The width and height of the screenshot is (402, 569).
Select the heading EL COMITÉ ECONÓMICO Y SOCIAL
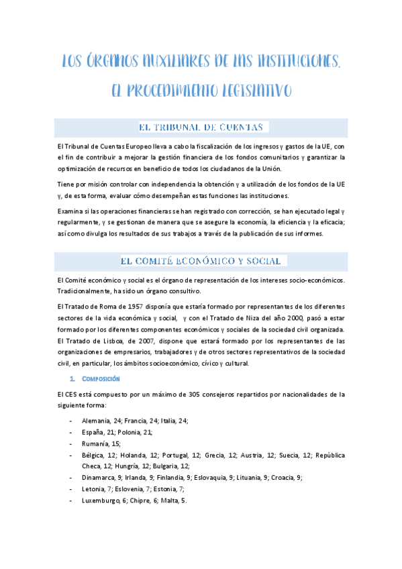click(201, 260)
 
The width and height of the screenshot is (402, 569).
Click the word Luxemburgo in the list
click(100, 501)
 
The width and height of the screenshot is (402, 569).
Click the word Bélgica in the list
click(95, 455)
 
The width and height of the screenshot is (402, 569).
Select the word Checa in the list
click(92, 466)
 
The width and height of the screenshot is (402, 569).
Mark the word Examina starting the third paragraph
click(70, 211)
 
